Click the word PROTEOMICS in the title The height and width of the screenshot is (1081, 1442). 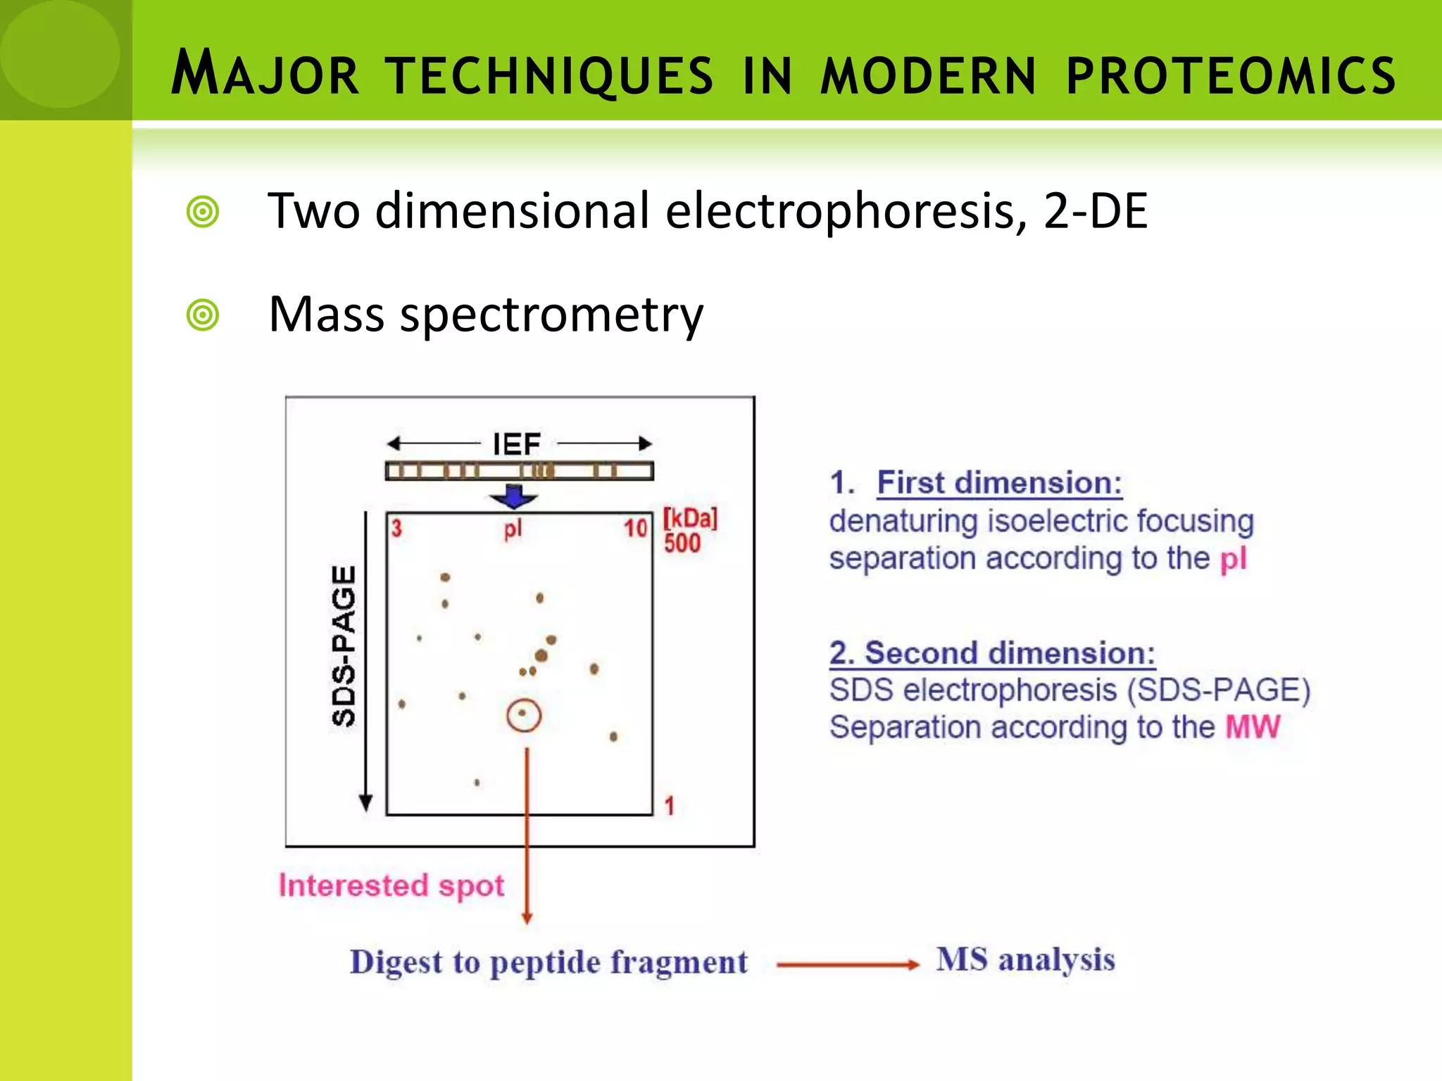1231,76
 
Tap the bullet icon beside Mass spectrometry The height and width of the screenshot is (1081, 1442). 203,315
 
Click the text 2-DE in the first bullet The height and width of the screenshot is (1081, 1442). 1096,210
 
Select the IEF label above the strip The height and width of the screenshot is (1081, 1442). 516,444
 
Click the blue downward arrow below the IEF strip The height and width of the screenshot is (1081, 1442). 514,496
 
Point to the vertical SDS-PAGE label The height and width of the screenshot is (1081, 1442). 344,645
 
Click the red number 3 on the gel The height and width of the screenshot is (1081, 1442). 396,528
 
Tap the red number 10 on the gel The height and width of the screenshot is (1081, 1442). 635,528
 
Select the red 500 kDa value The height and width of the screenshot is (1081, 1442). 682,543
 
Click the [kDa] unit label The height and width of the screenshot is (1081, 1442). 690,519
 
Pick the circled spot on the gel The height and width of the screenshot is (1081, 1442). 523,715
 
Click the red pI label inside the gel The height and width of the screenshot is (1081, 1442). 513,529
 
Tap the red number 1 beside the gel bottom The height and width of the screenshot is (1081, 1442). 670,806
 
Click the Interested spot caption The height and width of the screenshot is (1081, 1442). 391,885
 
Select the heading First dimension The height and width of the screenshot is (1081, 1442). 999,483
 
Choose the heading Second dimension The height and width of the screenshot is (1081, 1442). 993,653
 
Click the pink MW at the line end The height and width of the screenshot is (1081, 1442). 1253,727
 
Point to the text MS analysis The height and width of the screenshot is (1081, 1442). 1025,960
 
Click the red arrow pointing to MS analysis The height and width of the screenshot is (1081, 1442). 848,965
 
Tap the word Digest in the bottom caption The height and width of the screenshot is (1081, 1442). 396,962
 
